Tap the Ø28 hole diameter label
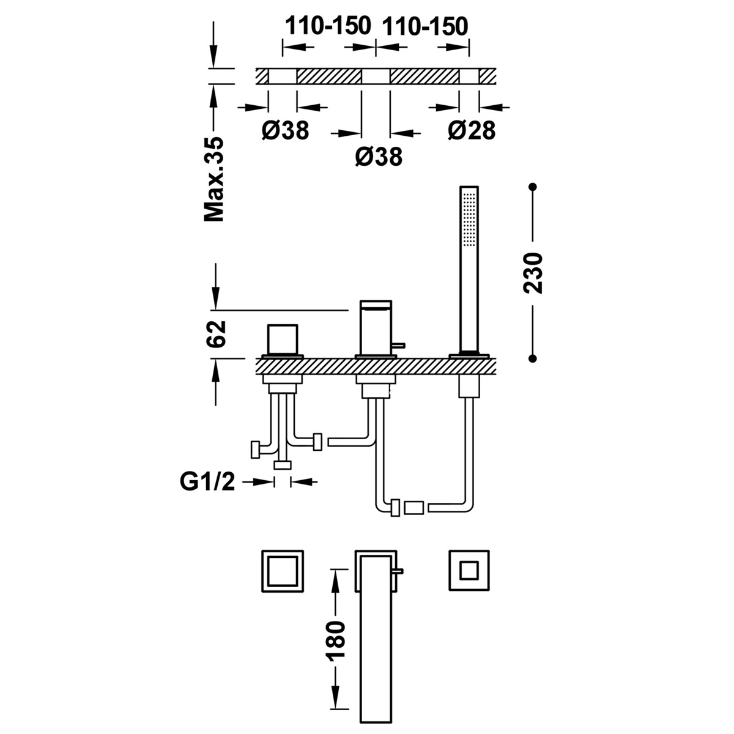470,130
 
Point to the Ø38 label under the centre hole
379,157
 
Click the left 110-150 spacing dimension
328,26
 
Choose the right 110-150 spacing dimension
424,26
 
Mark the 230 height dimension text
533,273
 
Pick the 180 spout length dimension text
336,642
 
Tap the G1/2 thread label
207,483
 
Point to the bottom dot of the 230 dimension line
533,359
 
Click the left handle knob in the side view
282,339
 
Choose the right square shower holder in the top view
469,570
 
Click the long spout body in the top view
375,648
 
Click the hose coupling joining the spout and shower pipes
414,506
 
